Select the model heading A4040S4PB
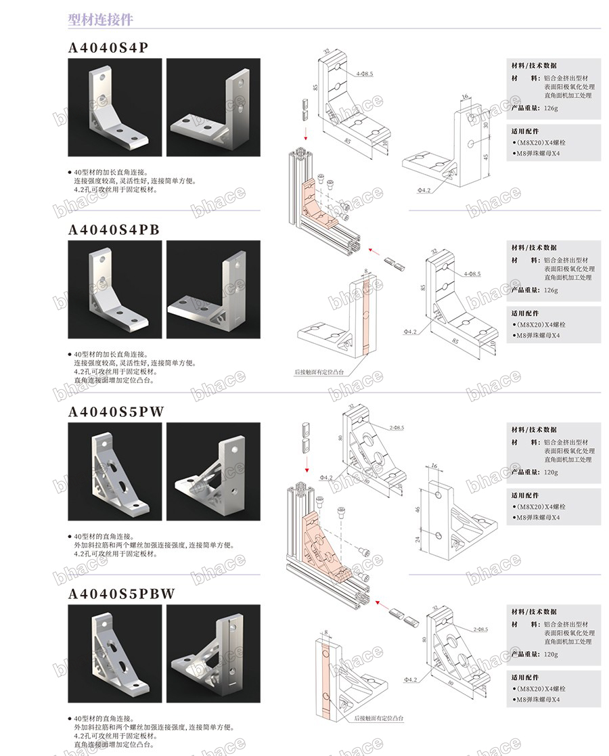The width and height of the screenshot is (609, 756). click(x=114, y=229)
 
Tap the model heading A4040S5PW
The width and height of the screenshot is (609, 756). click(x=116, y=412)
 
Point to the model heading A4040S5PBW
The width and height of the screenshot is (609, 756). click(x=122, y=594)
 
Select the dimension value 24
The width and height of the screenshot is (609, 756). click(x=418, y=539)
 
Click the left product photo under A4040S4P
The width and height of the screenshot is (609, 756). click(x=115, y=107)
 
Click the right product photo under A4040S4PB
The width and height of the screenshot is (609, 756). click(x=213, y=289)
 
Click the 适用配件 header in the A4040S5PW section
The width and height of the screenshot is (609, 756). click(x=525, y=495)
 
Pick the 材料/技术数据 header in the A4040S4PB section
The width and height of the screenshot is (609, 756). click(x=534, y=248)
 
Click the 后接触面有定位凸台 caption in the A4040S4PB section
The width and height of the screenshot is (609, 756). click(x=319, y=372)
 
